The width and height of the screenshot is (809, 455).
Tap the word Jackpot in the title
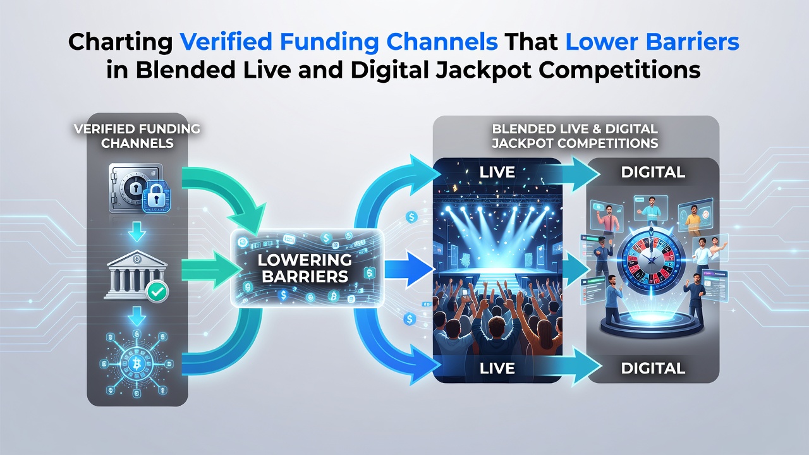click(484, 71)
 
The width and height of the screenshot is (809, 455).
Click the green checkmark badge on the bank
click(157, 292)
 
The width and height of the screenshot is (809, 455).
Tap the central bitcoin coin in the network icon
click(137, 363)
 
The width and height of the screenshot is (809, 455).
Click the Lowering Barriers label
click(305, 268)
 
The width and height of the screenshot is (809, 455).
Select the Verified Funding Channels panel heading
click(137, 136)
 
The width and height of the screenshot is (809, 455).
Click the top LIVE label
click(497, 173)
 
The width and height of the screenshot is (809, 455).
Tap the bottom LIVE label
click(497, 368)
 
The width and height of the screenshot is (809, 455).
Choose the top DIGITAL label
click(653, 173)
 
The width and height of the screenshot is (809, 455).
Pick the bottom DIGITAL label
click(653, 368)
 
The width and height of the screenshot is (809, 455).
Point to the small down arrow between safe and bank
click(137, 231)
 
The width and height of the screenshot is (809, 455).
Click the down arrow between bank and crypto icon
click(137, 317)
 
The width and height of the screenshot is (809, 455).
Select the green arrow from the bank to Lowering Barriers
click(211, 270)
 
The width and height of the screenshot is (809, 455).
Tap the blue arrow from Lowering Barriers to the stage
click(409, 269)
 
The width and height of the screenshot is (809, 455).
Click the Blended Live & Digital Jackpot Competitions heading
click(575, 136)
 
